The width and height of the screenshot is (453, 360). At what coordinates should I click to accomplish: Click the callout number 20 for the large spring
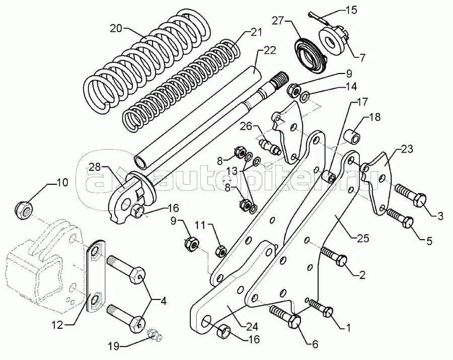(x=116, y=29)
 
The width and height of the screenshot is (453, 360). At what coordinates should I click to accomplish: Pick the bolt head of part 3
(x=420, y=200)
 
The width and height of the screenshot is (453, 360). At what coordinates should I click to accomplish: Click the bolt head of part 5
(x=407, y=222)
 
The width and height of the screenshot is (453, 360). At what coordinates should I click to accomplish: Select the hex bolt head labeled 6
(x=294, y=321)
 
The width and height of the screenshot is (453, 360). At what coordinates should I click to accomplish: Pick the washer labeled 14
(x=304, y=96)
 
